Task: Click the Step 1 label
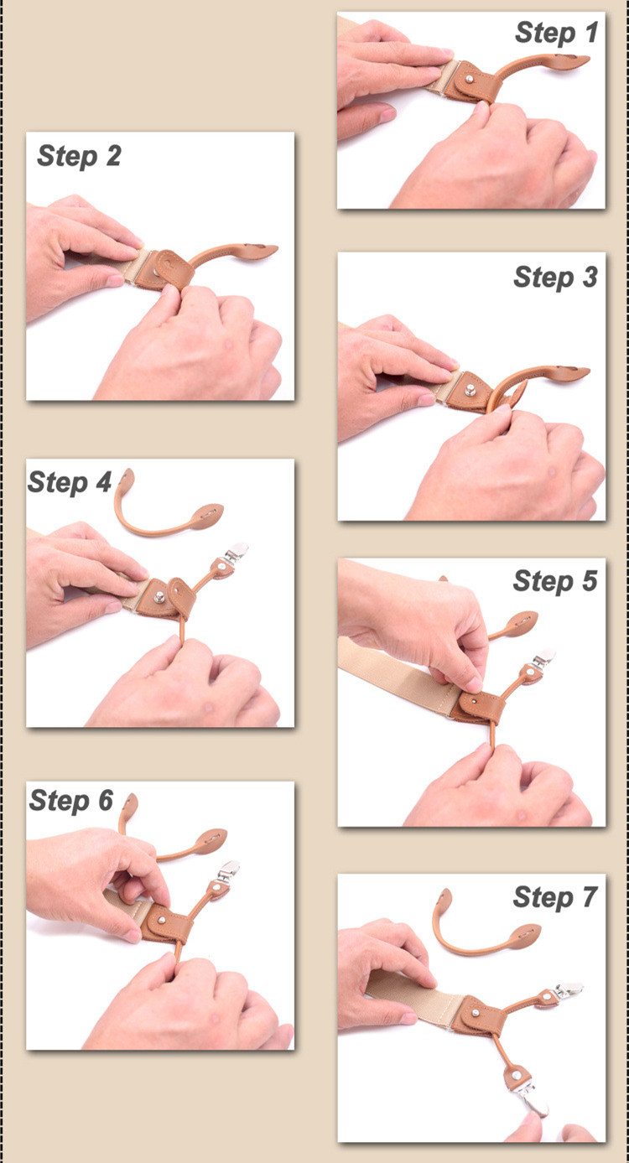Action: (x=556, y=34)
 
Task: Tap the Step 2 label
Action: (x=79, y=156)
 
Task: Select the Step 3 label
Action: (x=555, y=278)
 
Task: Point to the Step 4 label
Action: (x=70, y=483)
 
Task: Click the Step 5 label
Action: (x=555, y=581)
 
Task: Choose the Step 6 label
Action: (x=71, y=801)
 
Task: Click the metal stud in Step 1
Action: (x=469, y=79)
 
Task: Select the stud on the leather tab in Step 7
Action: (x=476, y=1012)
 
